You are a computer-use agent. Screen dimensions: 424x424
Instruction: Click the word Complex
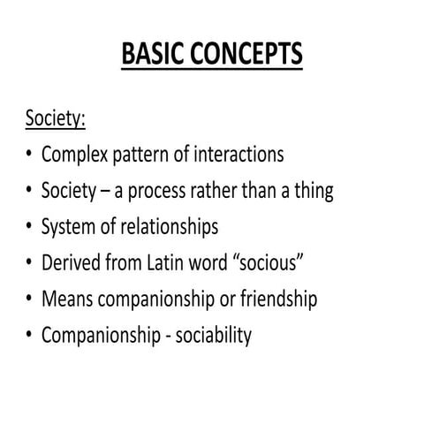click(73, 155)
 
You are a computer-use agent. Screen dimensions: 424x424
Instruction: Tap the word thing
click(313, 191)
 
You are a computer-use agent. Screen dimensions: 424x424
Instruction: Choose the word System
click(67, 227)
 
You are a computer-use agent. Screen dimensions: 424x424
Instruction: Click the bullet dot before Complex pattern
click(28, 155)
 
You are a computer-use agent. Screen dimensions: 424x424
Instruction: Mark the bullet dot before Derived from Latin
click(28, 263)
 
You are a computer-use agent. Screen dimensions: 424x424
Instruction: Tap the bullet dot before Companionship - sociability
click(28, 336)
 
